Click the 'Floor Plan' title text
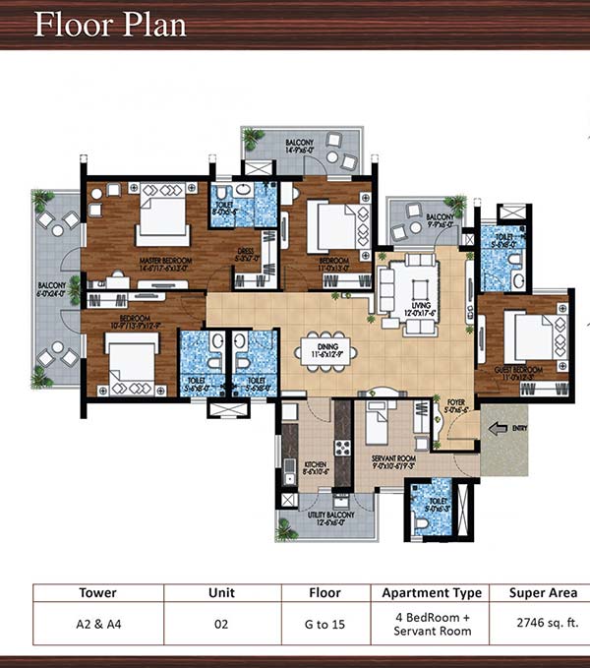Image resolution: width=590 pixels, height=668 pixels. point(110,23)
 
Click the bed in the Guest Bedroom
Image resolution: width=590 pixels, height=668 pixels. point(532,337)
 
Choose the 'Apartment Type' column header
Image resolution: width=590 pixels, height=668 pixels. point(432,593)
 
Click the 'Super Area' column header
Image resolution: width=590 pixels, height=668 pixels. point(541,593)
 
